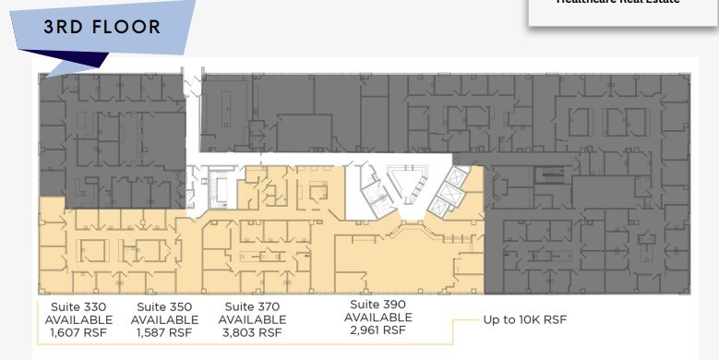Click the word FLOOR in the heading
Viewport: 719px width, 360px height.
tap(125, 28)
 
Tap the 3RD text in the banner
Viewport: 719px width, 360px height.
tap(62, 28)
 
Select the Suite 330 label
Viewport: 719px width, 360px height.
tap(78, 306)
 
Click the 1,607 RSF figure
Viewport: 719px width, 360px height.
tap(78, 332)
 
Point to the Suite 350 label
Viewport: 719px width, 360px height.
tap(164, 306)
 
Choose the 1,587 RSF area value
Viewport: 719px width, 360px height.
tap(164, 332)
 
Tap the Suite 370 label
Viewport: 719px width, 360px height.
tap(252, 306)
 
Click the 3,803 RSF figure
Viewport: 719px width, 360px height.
tap(252, 332)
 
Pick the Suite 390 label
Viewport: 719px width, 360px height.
tap(378, 304)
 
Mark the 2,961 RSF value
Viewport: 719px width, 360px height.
tap(378, 330)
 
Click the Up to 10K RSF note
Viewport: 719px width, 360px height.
tap(525, 319)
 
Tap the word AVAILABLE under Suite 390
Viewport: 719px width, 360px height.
tap(378, 317)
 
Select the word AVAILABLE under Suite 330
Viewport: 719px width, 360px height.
tap(78, 319)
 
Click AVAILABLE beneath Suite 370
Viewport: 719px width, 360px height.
tap(252, 319)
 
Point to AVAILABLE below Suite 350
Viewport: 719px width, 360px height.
tap(164, 319)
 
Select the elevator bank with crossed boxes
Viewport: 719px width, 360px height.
tap(451, 192)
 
